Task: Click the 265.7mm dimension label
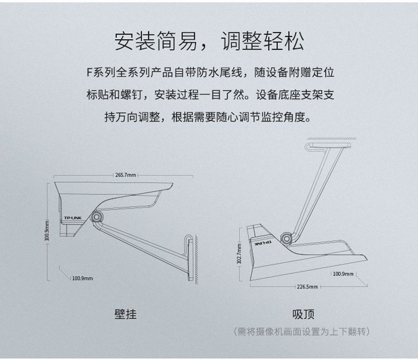[125, 175]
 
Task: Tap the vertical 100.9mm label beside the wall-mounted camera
[47, 230]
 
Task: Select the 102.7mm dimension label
[239, 254]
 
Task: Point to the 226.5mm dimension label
[307, 286]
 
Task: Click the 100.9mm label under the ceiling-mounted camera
[343, 274]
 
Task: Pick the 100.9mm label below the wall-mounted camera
[83, 278]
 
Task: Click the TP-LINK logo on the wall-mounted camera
[73, 218]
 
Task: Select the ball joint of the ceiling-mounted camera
[286, 238]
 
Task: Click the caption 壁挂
[125, 314]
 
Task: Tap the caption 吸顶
[303, 314]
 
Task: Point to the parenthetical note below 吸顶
[302, 331]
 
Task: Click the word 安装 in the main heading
[135, 41]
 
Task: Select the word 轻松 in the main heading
[284, 41]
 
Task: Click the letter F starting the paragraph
[89, 73]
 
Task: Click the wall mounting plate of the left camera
[190, 259]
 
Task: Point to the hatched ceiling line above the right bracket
[332, 138]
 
